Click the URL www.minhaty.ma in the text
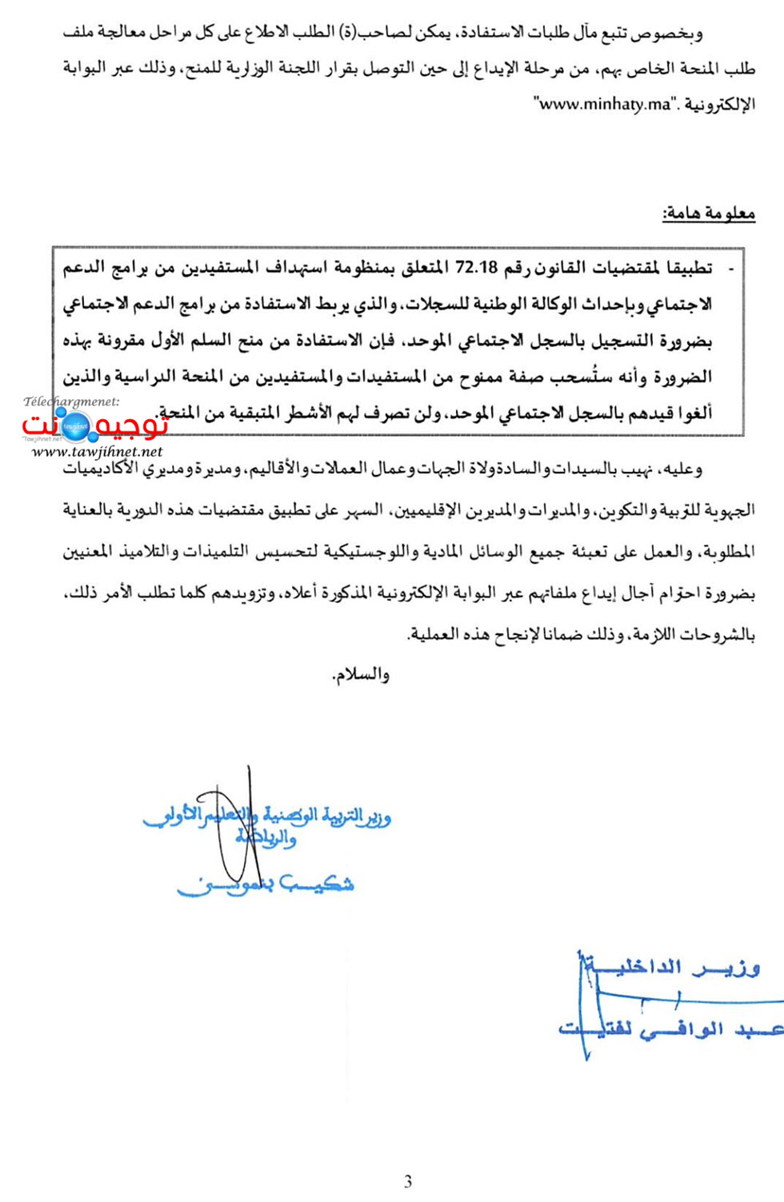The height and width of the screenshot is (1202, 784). (x=606, y=105)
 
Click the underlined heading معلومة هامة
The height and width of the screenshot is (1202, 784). (x=708, y=214)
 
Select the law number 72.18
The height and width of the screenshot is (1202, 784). (x=476, y=268)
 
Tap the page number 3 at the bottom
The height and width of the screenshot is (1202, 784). (x=408, y=1181)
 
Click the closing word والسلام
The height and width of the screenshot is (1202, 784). (x=361, y=675)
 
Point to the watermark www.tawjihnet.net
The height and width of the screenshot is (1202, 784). (x=97, y=452)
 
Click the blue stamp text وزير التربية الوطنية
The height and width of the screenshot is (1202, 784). (x=320, y=817)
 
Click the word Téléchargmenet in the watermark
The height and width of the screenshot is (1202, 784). (x=71, y=401)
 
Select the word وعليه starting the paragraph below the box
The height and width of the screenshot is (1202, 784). (x=681, y=469)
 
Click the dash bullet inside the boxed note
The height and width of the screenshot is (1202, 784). (x=730, y=269)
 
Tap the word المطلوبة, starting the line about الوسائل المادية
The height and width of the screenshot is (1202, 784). (x=726, y=552)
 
